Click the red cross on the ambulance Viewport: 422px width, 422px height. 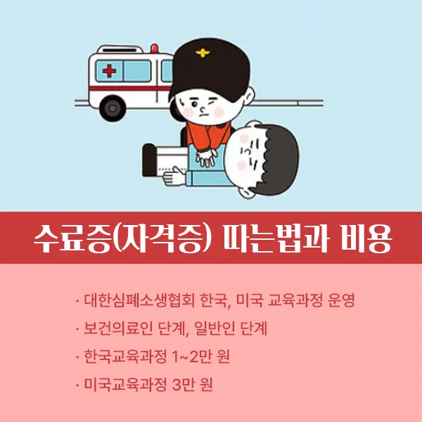tap(109, 72)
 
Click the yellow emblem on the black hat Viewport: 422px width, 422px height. tap(205, 53)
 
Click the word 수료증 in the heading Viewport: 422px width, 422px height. tap(67, 239)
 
